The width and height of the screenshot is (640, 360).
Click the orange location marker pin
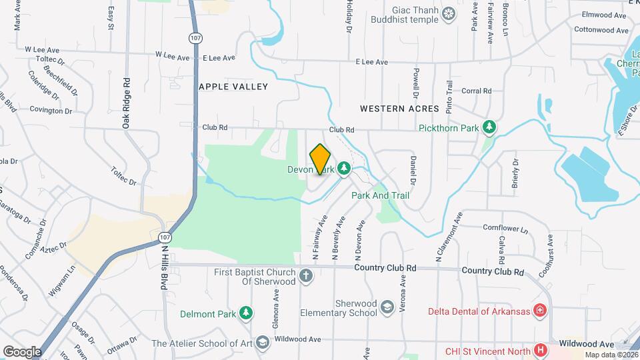[321, 159]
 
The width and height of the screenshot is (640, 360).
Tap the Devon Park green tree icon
[344, 168]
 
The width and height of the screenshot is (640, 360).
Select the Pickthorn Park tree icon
[489, 127]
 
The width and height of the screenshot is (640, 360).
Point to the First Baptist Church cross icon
[306, 276]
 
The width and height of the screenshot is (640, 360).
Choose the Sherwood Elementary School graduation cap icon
[387, 307]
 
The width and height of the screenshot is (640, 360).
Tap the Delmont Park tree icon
[247, 313]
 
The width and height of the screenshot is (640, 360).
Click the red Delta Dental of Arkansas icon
[540, 311]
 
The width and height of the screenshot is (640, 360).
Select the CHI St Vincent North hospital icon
[540, 351]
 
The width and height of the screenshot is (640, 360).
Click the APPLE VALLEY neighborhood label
[233, 87]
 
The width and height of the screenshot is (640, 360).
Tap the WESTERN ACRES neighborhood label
[399, 108]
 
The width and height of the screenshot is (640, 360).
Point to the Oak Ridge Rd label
[125, 103]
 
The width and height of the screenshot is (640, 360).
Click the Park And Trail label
[380, 196]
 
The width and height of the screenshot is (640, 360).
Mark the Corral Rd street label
[476, 91]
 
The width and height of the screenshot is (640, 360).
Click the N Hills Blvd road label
[164, 267]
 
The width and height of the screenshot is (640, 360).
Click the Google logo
[22, 351]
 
